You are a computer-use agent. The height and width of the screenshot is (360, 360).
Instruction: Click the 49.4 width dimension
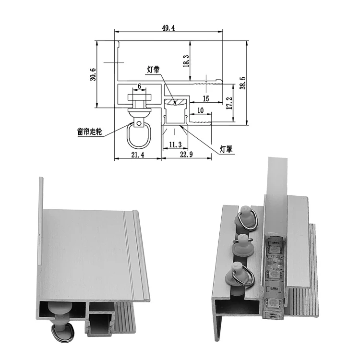(x=168, y=28)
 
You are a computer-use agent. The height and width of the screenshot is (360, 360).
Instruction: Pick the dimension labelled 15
(x=205, y=98)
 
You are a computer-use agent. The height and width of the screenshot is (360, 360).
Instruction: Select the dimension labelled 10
(x=200, y=111)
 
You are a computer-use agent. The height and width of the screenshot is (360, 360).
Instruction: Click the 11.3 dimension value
(x=175, y=144)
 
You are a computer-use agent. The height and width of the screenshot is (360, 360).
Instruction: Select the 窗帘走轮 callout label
(x=89, y=131)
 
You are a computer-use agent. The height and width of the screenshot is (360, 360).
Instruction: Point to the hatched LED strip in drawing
(x=176, y=101)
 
